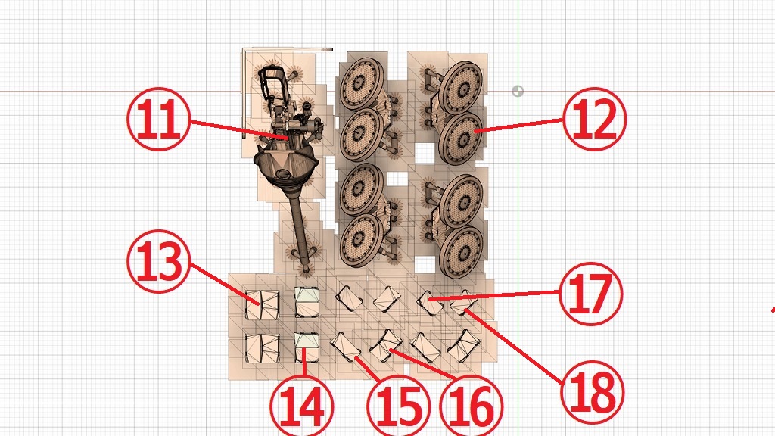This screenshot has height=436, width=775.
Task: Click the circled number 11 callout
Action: click(x=159, y=119)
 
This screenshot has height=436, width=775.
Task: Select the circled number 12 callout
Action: click(x=595, y=119)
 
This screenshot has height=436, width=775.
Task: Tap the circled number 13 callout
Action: click(x=159, y=261)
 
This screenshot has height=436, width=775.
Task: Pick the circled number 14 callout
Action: click(x=302, y=406)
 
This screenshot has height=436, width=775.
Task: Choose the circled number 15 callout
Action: click(x=398, y=406)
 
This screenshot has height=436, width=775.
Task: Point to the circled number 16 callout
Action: click(x=471, y=406)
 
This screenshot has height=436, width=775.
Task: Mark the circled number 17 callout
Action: click(x=591, y=294)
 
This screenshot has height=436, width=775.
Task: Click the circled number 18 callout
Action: click(x=593, y=393)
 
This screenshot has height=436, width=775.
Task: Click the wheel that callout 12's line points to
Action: click(x=461, y=138)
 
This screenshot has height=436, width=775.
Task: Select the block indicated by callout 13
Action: click(x=263, y=304)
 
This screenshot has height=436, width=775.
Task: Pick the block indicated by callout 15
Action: click(x=345, y=347)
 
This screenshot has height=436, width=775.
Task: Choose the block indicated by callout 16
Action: click(x=386, y=345)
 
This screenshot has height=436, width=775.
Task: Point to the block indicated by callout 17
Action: click(x=431, y=303)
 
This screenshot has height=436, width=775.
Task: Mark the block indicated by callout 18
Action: click(x=464, y=303)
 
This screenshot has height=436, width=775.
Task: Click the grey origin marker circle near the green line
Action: click(x=518, y=91)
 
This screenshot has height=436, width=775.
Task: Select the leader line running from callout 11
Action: click(x=239, y=129)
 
